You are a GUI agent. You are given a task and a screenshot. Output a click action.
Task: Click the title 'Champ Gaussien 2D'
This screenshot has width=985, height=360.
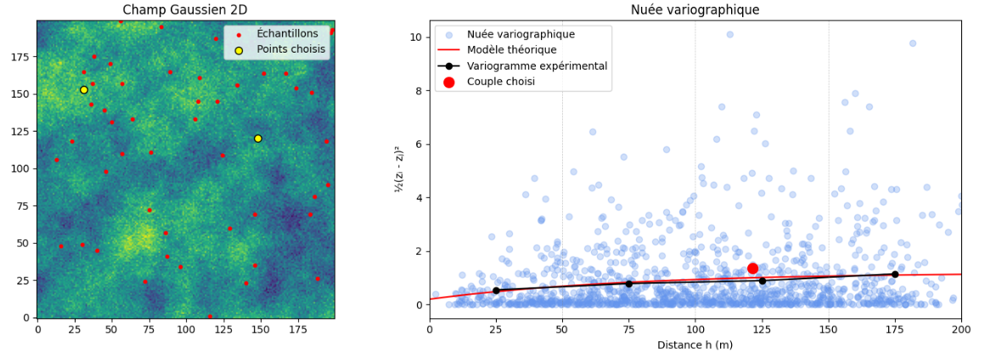coord(185,10)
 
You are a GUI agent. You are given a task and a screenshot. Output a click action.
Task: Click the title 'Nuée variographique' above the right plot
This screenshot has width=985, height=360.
coord(695,10)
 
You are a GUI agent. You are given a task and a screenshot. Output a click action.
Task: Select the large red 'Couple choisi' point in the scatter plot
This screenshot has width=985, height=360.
coord(752,268)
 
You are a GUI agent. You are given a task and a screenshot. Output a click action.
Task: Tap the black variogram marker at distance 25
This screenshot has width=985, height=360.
coord(496,290)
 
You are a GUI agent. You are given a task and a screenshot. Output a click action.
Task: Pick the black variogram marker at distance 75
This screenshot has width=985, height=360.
coord(629,284)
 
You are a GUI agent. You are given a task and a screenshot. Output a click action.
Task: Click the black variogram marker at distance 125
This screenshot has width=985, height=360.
coord(762,281)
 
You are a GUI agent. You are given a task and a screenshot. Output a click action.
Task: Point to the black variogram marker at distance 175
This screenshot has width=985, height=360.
coord(895,274)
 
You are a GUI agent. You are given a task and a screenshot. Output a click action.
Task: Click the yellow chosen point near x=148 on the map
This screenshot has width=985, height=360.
coord(258,138)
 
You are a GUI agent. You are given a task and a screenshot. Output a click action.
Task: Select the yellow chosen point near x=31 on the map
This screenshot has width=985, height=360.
coord(84,90)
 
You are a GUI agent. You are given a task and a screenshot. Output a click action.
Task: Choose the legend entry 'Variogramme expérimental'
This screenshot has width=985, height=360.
coord(537,66)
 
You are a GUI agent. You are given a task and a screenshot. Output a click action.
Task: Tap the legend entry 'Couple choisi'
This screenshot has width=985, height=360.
coord(501,82)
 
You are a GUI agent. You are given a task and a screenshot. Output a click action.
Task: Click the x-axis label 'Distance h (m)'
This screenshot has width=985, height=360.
coord(695,345)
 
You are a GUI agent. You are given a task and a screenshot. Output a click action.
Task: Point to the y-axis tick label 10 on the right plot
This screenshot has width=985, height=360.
coord(416,37)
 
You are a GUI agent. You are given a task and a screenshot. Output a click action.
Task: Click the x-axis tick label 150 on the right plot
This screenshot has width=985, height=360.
coord(829,329)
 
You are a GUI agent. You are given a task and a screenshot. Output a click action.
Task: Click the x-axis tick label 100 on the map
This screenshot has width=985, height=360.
coord(186,329)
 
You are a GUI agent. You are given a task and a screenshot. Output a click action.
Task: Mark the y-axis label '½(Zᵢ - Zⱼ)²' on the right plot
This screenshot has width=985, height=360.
coord(398,169)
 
